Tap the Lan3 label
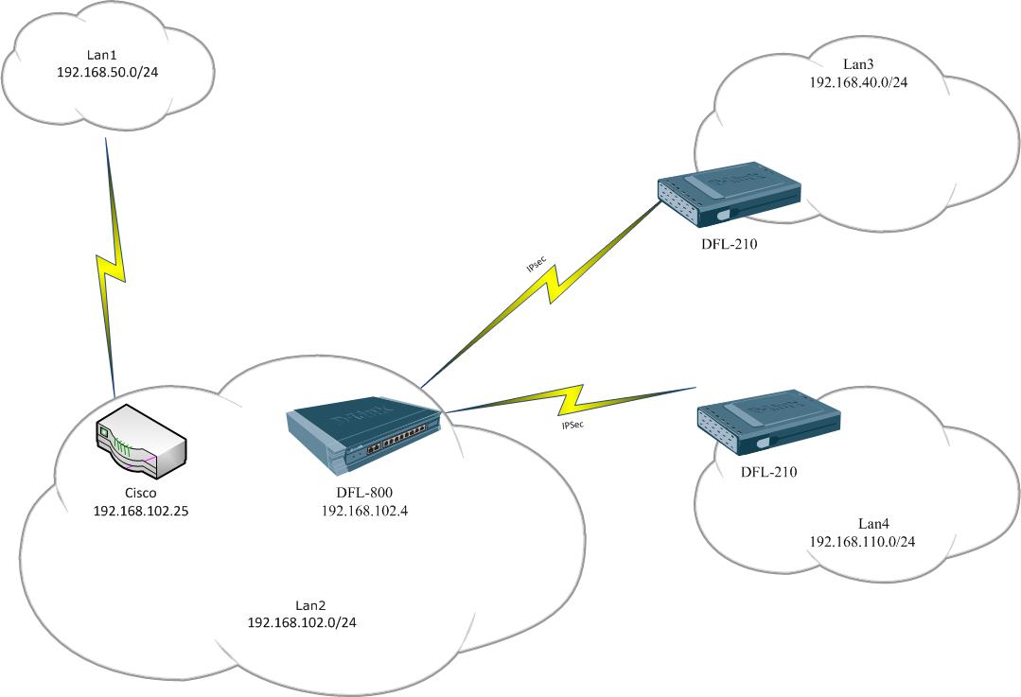click(859, 65)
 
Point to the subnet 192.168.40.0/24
click(859, 82)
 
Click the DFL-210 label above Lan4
click(767, 471)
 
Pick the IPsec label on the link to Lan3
click(536, 266)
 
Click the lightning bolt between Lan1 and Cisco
click(113, 266)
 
